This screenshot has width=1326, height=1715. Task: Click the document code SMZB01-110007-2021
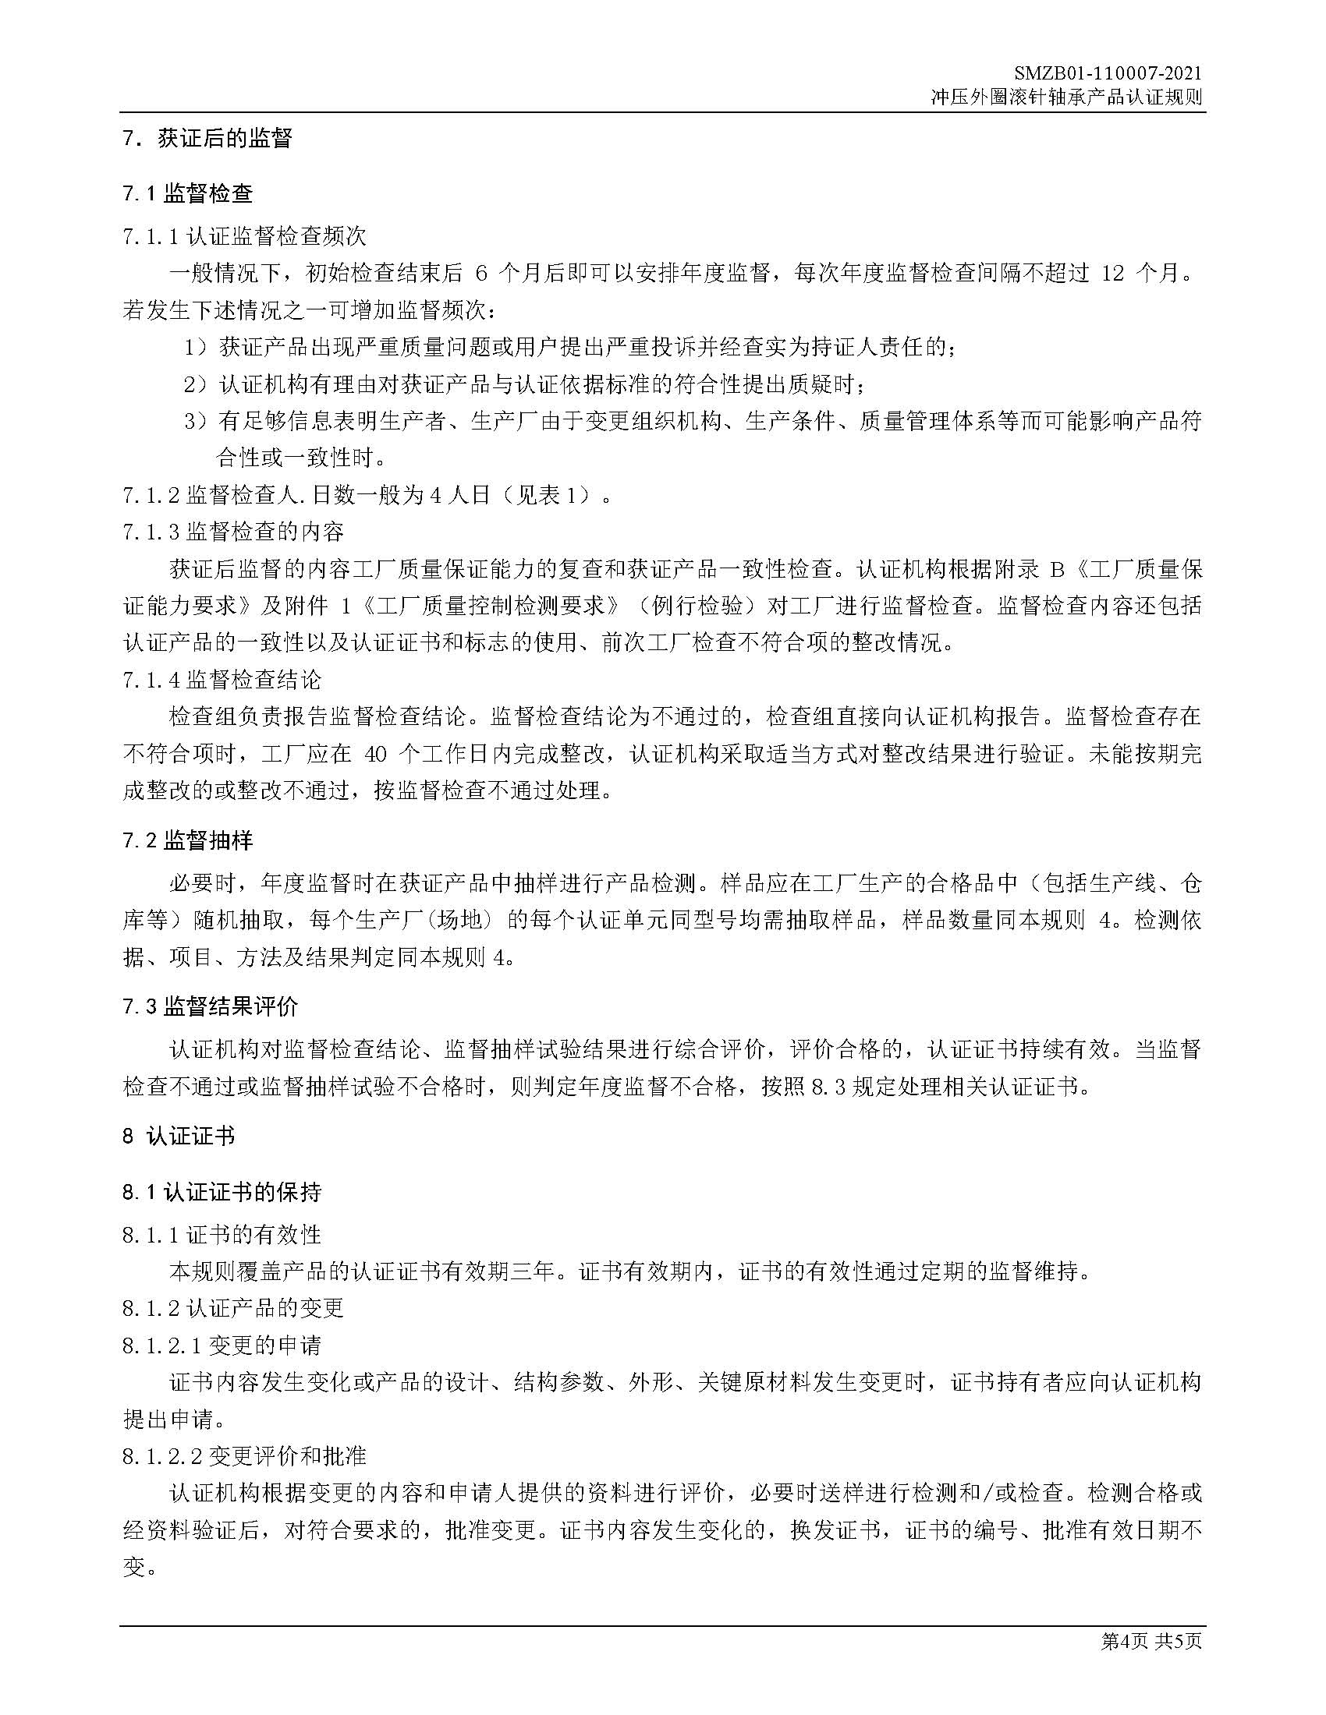(1107, 74)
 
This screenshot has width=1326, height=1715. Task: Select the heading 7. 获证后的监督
(207, 139)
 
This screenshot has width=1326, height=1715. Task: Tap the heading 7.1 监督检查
(188, 193)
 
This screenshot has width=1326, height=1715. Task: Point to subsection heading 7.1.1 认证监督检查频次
(244, 235)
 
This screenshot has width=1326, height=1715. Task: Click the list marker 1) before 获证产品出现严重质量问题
(196, 347)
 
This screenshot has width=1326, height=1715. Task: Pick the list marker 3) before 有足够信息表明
(196, 422)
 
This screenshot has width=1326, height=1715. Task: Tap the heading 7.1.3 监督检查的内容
(233, 532)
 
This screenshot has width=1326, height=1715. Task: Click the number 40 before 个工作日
(376, 754)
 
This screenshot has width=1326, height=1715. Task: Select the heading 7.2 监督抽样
(188, 841)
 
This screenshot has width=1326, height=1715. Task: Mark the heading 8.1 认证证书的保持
(222, 1192)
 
